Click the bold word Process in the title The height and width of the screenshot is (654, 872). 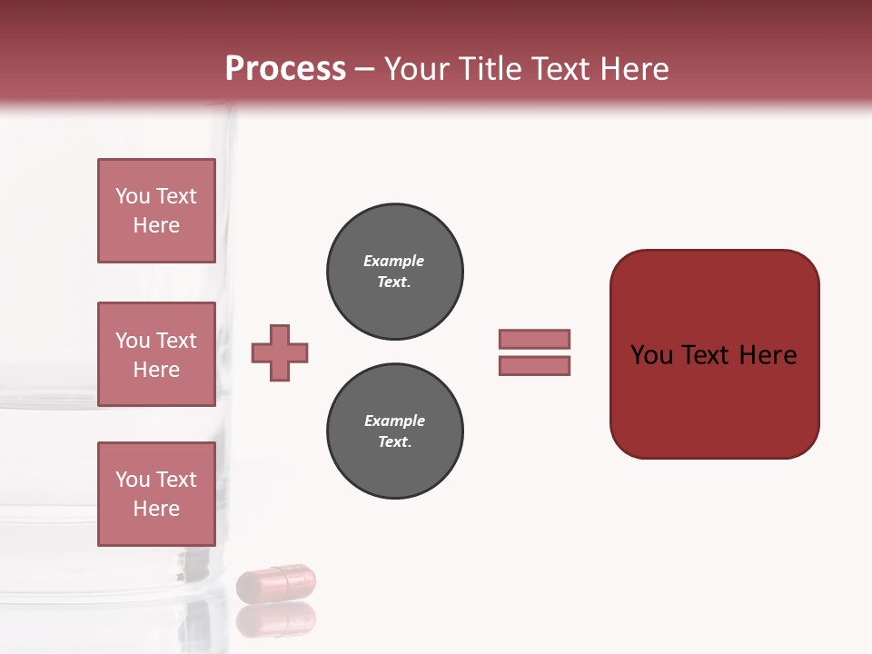click(285, 69)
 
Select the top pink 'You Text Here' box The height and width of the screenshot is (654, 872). click(156, 211)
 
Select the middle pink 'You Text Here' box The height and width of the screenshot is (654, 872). click(156, 354)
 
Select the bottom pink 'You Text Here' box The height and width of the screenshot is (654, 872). click(156, 494)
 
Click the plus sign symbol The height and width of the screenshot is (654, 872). click(280, 352)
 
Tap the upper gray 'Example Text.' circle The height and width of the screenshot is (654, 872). click(394, 272)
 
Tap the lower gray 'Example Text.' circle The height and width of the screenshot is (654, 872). click(394, 431)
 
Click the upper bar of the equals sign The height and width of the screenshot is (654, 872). click(534, 339)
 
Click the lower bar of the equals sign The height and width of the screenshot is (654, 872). click(534, 365)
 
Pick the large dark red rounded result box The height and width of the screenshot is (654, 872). click(714, 354)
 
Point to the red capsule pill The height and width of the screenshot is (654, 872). click(276, 581)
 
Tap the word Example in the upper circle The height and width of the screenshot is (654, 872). click(394, 261)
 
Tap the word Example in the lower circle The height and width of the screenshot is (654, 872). click(394, 421)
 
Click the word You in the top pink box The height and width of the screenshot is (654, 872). click(133, 196)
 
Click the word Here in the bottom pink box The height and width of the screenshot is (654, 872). click(156, 509)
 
